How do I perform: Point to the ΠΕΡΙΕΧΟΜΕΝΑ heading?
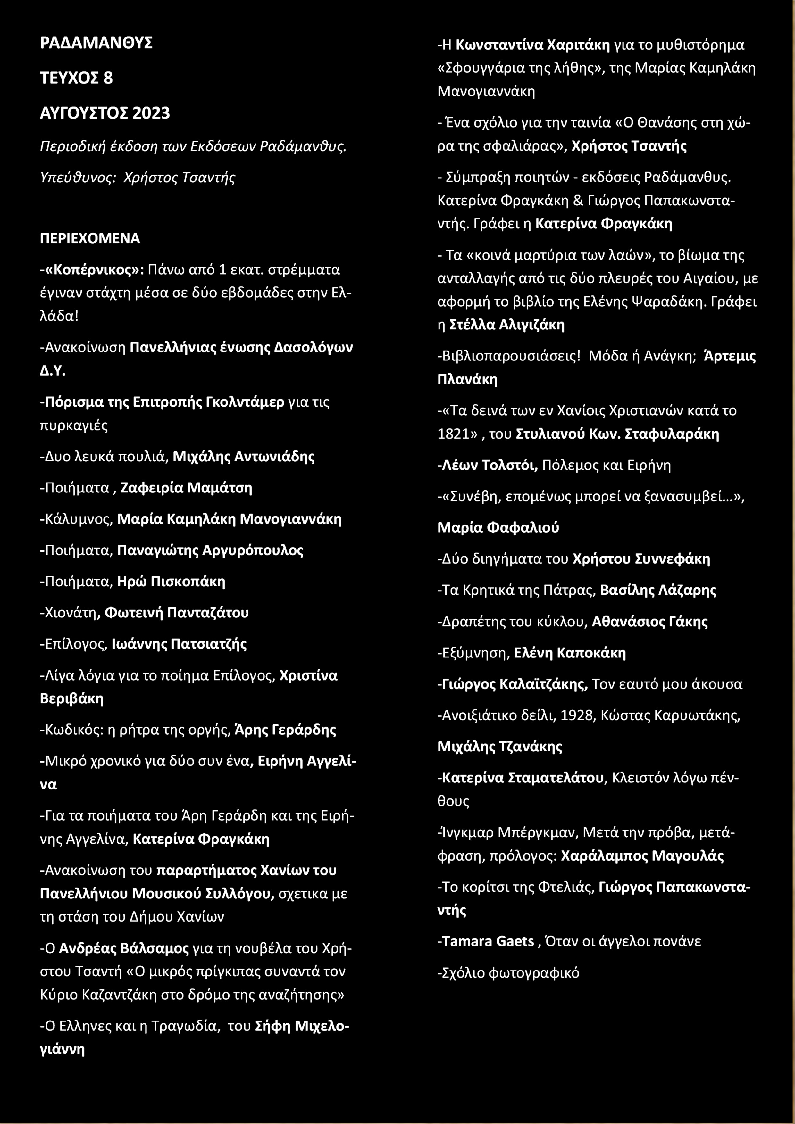[90, 238]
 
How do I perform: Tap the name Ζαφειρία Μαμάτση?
[186, 488]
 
